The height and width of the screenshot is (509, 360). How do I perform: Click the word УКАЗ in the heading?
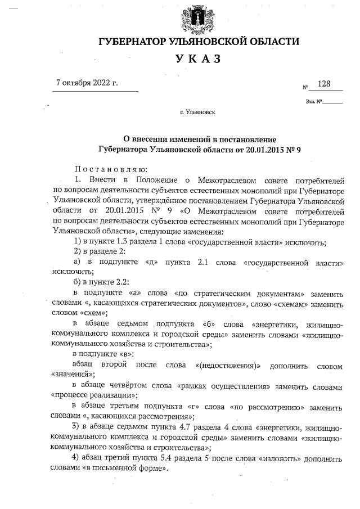(x=199, y=60)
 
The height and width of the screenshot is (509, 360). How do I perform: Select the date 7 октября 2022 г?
(x=88, y=83)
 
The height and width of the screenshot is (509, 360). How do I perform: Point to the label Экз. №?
(x=313, y=102)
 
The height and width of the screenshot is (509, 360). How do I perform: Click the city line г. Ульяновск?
(x=197, y=112)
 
